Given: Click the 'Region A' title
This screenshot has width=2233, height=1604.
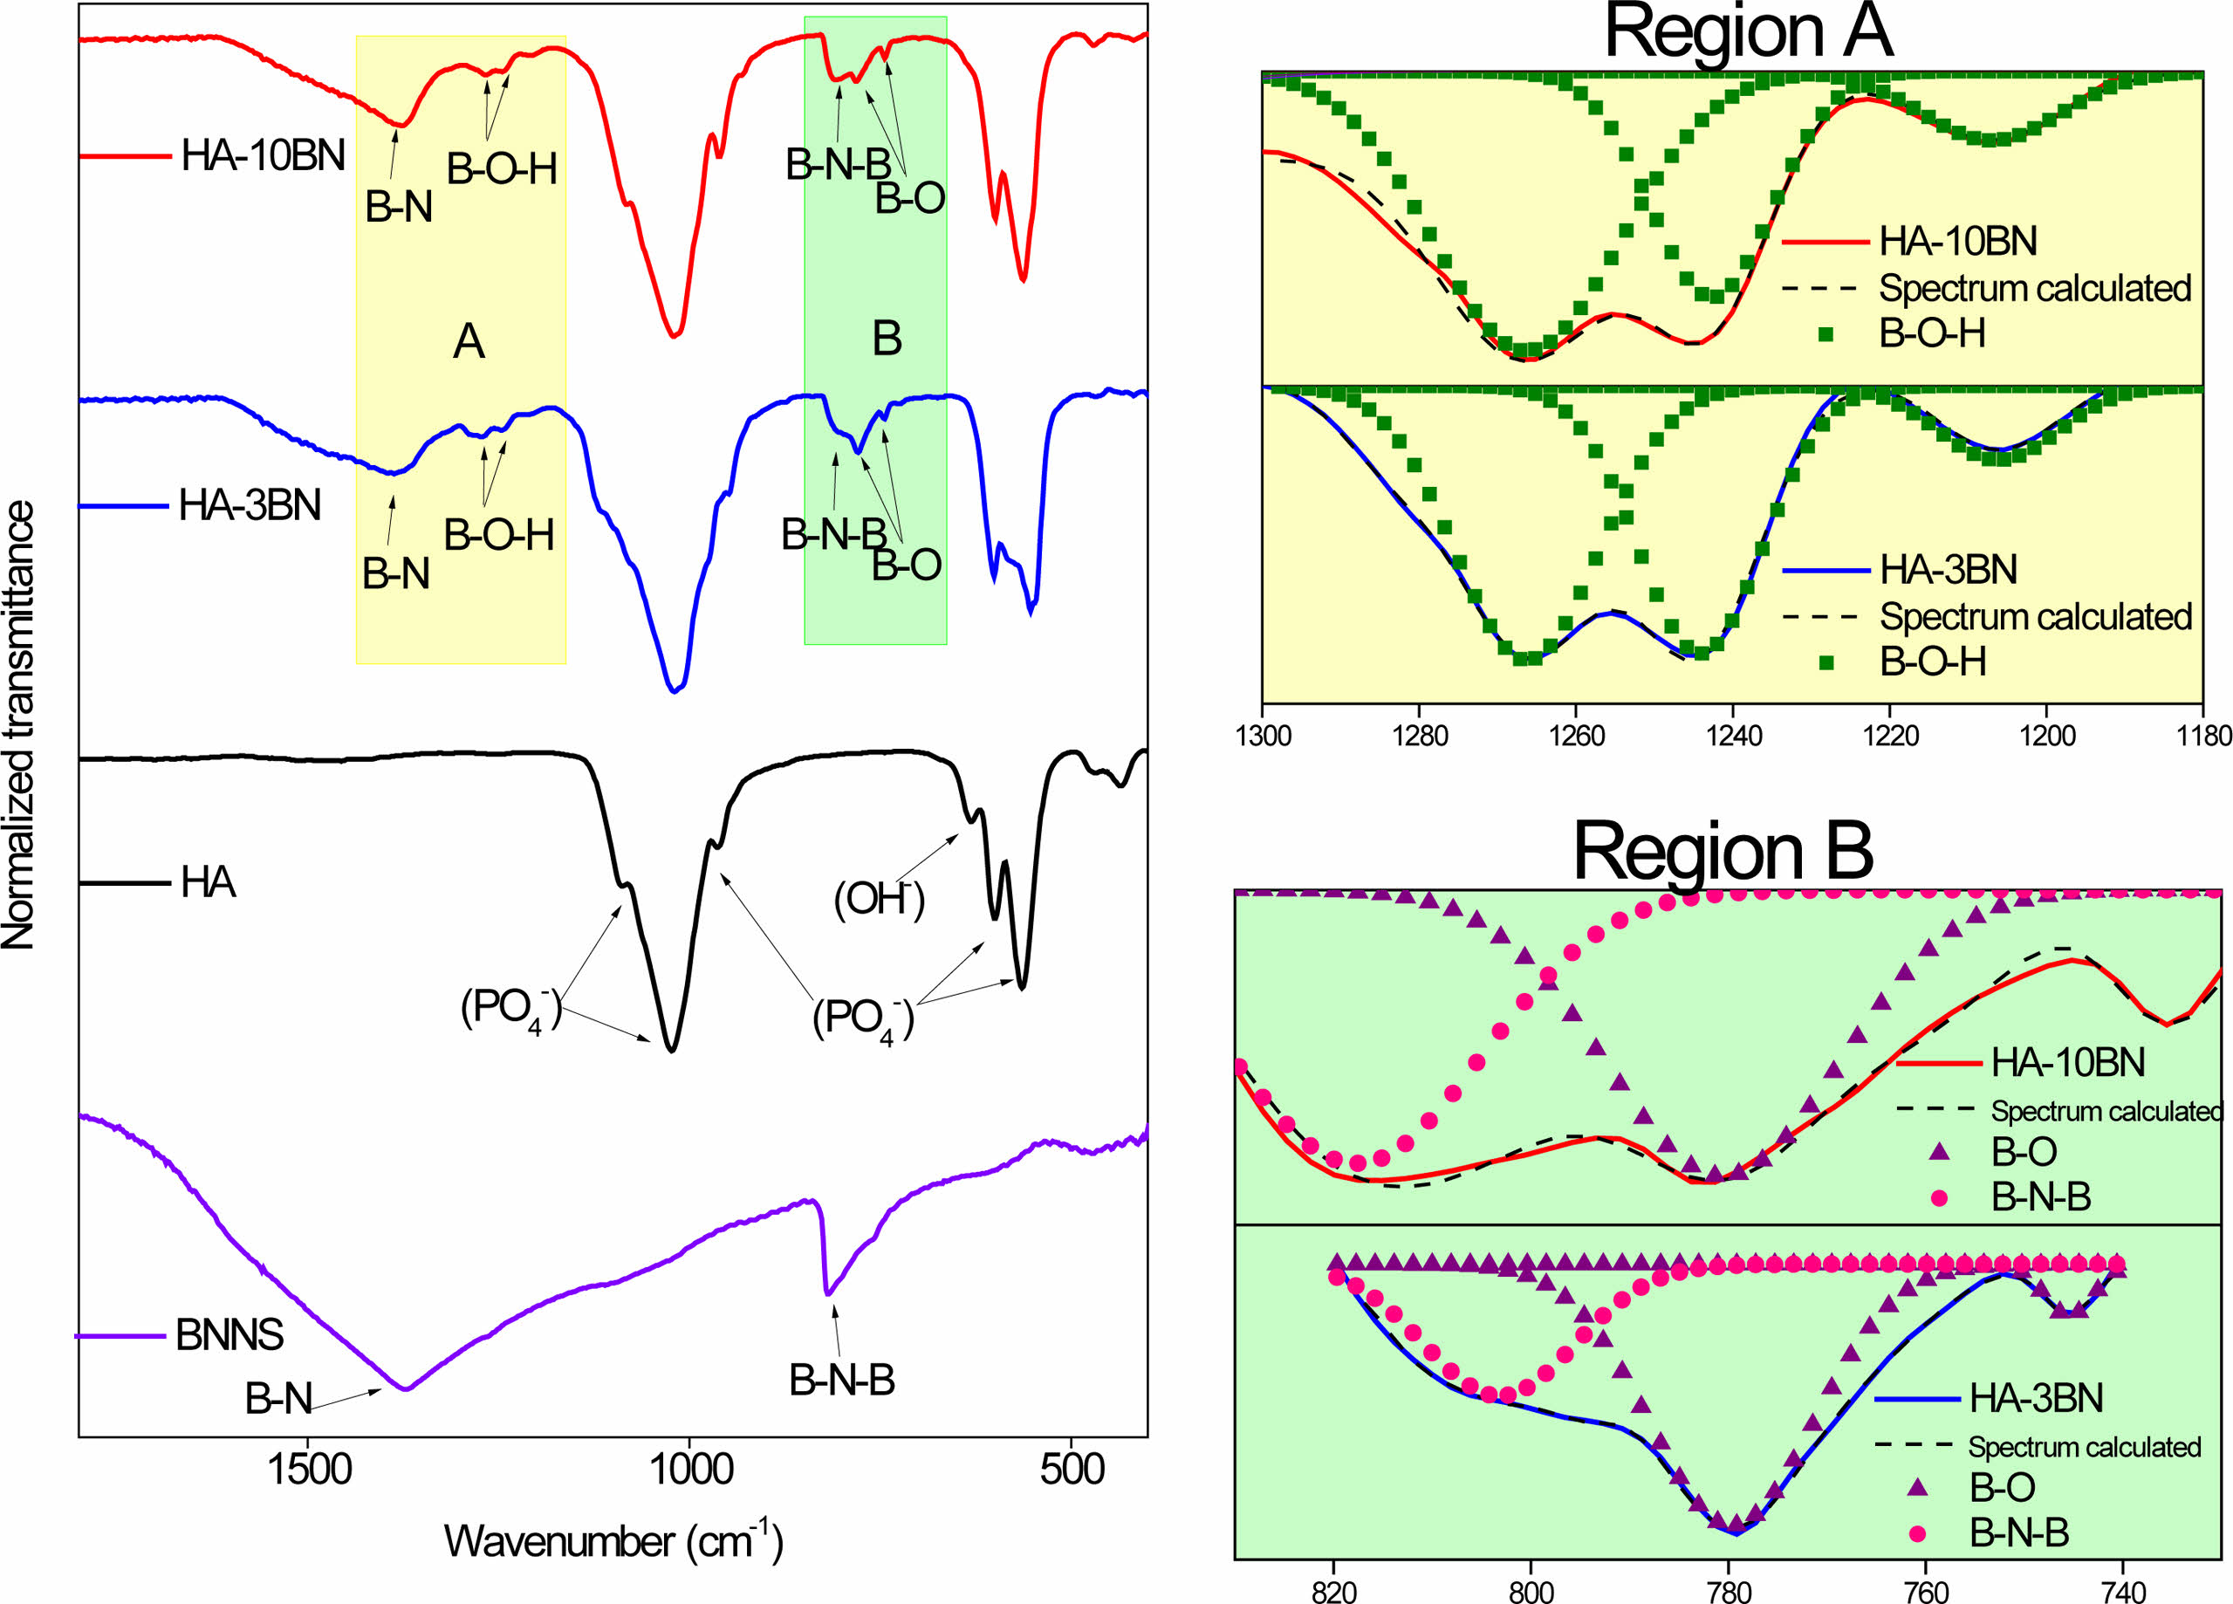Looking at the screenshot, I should pos(1749,33).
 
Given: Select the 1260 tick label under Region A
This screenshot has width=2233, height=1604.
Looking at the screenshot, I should pos(1575,737).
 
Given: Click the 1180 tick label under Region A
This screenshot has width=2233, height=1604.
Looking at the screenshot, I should pos(2203,737).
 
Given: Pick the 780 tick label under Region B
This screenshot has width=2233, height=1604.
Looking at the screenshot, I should pos(1729,1591).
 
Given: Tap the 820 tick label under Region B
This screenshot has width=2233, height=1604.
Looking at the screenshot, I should pos(1334,1591).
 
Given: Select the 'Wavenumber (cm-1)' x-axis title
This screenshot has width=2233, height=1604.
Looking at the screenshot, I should pos(613,1541).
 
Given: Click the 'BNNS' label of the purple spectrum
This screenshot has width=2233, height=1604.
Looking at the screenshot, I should pos(229,1335).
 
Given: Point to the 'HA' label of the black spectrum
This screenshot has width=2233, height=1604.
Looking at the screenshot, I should pos(209,882).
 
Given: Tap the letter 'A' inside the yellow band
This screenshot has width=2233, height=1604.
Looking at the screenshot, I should pos(469,342).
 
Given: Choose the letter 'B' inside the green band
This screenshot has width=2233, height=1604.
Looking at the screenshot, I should pos(887,339).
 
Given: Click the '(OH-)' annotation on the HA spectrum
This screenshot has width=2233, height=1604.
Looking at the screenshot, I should pos(880,898).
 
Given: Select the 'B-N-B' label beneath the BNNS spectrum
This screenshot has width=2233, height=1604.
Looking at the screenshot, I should pos(842,1381).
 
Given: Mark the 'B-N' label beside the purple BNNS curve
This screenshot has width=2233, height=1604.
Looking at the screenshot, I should pos(278,1398).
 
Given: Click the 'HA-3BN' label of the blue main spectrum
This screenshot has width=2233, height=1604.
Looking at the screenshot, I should pos(250,505).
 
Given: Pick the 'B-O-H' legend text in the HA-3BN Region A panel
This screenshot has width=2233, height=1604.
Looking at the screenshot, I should pos(1933,661).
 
